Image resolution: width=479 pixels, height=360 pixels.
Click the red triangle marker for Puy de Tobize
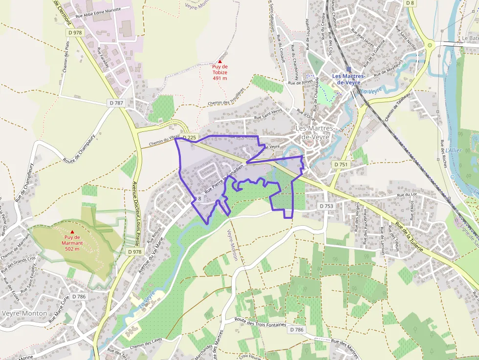[219, 61]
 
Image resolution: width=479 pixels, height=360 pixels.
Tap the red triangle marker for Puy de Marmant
[73, 232]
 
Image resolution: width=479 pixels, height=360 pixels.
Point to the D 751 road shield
[341, 165]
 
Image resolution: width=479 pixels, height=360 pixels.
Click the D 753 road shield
[326, 206]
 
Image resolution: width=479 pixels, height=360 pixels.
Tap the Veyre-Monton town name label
[24, 313]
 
